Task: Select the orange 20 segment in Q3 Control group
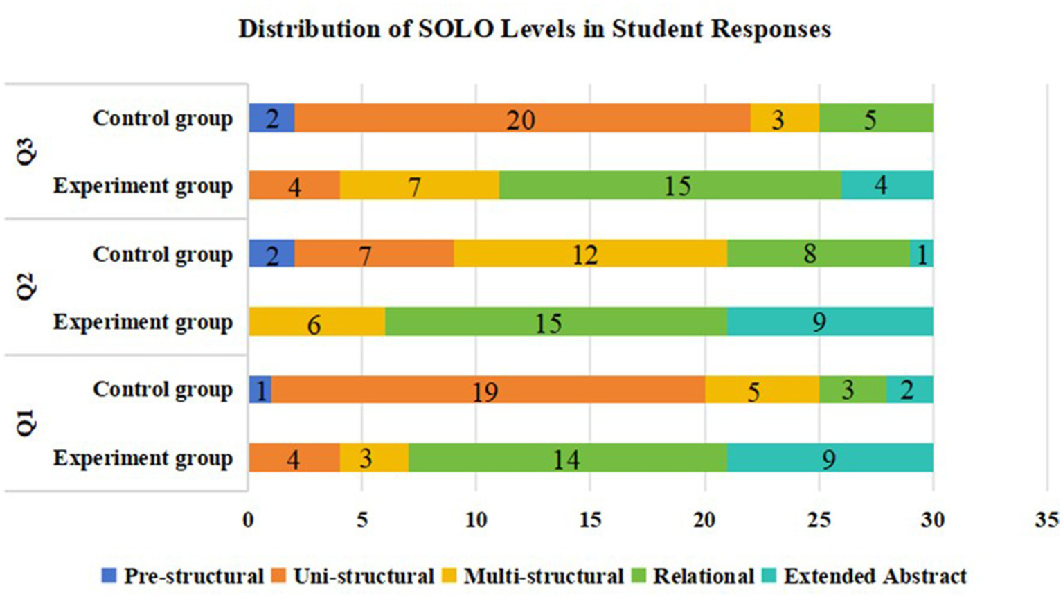[521, 118]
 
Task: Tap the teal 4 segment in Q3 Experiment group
[887, 186]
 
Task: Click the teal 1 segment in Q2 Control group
[921, 254]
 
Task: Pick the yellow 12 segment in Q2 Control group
[590, 254]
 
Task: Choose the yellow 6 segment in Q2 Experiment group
[316, 322]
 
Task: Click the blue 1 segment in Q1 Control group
[260, 390]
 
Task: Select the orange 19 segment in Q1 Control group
[488, 390]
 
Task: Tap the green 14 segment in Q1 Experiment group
[566, 458]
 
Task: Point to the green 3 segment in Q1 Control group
[852, 390]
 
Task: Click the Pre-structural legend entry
[183, 576]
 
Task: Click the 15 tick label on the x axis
[590, 520]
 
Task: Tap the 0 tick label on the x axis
[248, 520]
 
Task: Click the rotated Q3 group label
[26, 152]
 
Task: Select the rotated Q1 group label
[26, 423]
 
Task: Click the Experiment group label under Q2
[143, 322]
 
